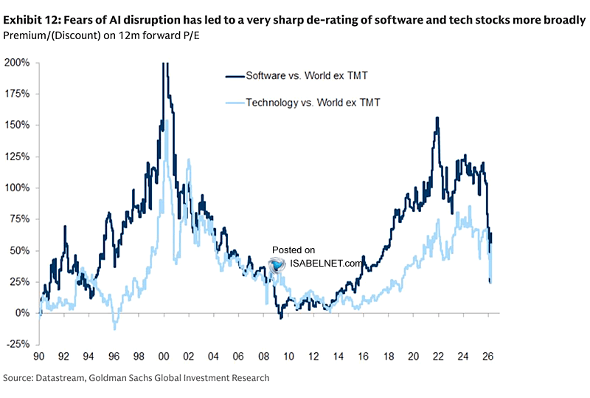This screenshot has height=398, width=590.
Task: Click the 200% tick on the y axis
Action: coord(15,63)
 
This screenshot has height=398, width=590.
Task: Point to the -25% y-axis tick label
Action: coord(15,344)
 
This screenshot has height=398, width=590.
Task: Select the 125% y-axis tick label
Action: coord(15,157)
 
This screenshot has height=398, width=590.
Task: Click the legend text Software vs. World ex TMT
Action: coord(306,75)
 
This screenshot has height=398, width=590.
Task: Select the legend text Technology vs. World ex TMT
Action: coord(313,103)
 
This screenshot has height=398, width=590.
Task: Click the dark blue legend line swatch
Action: coord(236,75)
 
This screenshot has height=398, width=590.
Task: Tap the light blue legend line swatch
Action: coord(236,103)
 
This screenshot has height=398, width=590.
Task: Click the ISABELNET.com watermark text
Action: coord(324,263)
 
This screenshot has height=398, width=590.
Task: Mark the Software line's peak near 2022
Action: coord(437,118)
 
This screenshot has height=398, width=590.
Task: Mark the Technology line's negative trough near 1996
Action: coord(115,328)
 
